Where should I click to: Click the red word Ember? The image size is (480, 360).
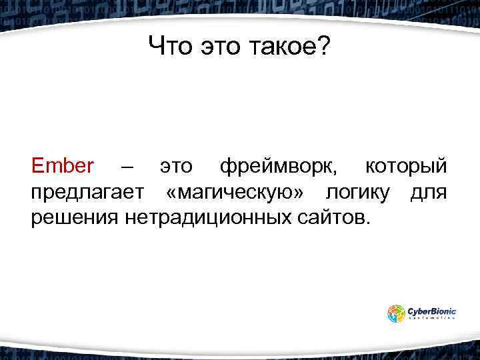[63, 166]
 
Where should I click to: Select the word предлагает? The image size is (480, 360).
[87, 192]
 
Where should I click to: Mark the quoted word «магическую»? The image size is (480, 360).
[237, 192]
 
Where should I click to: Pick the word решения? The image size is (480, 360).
[74, 217]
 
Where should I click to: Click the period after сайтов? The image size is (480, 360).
[363, 223]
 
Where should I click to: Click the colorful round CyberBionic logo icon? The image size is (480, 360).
[396, 313]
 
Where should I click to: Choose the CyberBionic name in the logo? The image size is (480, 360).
[433, 310]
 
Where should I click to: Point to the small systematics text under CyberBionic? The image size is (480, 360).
[432, 319]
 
